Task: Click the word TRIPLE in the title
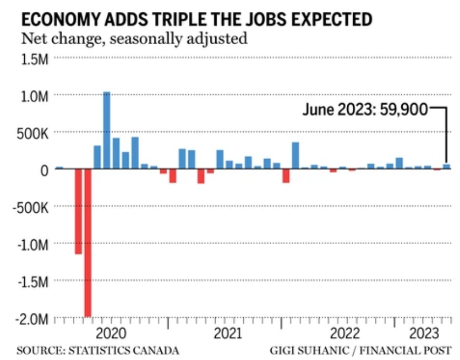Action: (x=182, y=19)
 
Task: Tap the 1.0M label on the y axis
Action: (x=35, y=96)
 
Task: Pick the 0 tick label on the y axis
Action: (x=44, y=171)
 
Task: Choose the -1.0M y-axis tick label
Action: (x=33, y=245)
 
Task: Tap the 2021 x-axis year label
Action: (x=228, y=331)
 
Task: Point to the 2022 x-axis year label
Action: (x=345, y=331)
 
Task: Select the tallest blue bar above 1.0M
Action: (x=107, y=130)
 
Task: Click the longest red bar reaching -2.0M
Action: (x=88, y=242)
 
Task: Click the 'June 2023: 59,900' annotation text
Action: (x=365, y=110)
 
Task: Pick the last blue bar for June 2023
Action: (x=447, y=167)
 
